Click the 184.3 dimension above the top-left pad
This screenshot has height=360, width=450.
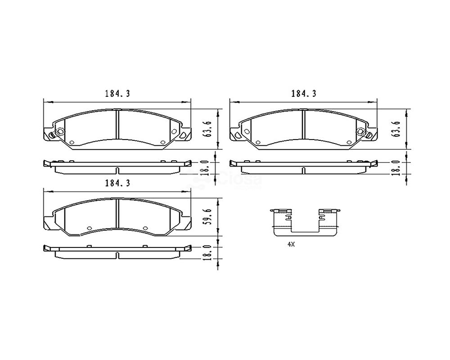(x=117, y=94)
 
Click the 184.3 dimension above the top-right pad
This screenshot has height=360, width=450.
(x=304, y=94)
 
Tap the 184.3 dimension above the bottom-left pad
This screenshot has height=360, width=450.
(x=117, y=183)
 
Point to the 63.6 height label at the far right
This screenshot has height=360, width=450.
(x=397, y=129)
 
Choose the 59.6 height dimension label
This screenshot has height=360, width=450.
(x=209, y=217)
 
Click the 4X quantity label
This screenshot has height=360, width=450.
(x=291, y=245)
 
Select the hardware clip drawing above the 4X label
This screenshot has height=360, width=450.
(x=305, y=222)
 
